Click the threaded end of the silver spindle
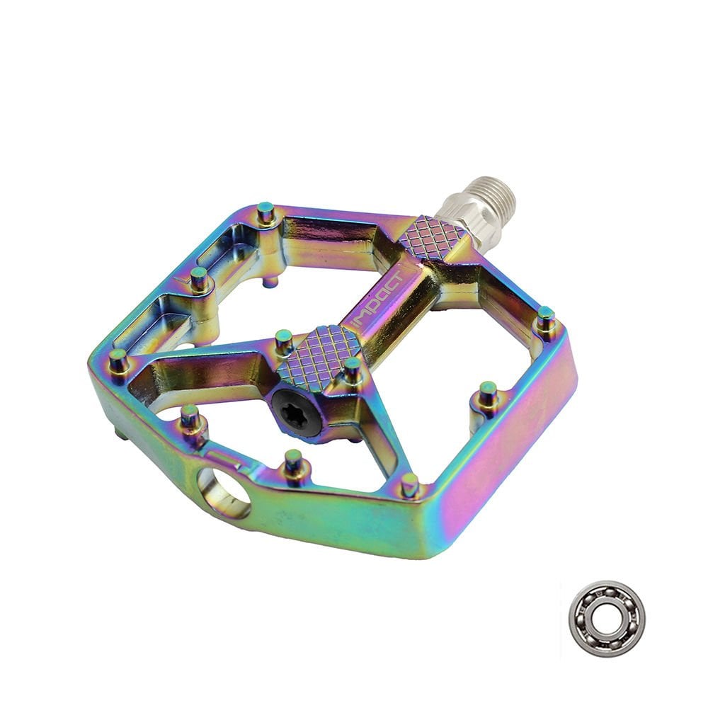point(489,195)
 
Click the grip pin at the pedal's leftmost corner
point(118,360)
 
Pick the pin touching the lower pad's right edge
point(353,369)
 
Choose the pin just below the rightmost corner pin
point(488,394)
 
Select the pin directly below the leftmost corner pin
point(189,418)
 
